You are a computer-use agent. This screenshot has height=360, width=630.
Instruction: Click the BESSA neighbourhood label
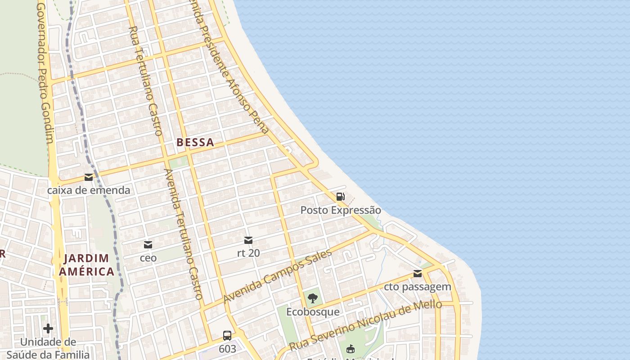pos(195,143)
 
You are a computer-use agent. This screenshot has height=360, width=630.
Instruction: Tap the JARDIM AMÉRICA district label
pos(86,265)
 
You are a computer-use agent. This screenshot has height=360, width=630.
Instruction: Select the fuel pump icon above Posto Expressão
pos(341,197)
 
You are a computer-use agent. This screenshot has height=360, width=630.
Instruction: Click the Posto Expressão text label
pos(341,210)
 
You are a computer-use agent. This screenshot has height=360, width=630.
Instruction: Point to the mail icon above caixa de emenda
pos(89,177)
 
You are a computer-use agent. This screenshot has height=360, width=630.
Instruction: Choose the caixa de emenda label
pos(89,190)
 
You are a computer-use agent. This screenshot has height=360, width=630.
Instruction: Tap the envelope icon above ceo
pos(148,245)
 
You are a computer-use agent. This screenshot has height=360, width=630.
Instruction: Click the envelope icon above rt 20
pos(248,240)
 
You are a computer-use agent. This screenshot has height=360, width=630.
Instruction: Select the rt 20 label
pos(248,253)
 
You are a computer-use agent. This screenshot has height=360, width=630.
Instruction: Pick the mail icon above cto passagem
pos(418,274)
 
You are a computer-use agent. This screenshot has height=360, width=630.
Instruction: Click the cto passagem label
pos(418,287)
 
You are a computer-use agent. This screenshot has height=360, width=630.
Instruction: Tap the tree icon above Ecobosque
pos(313,298)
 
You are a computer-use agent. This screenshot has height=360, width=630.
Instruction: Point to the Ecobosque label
pos(313,311)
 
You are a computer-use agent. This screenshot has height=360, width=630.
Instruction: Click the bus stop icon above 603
pos(227,336)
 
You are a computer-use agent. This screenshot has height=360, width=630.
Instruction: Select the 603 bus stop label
pos(227,349)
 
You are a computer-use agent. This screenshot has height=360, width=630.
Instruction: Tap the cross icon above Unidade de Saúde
pos(48,328)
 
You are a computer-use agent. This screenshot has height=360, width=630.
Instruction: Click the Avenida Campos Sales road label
pos(278,276)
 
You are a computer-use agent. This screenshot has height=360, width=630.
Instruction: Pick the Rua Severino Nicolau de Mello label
pos(365,325)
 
